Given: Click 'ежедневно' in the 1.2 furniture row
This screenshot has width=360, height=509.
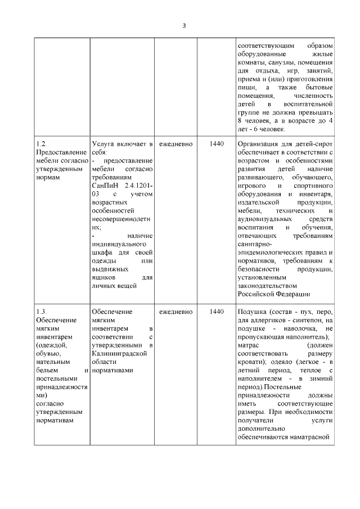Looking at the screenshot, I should click(x=175, y=144).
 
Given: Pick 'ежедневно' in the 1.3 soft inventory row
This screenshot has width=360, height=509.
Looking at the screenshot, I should click(x=175, y=311).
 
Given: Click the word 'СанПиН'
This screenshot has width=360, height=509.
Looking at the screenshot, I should click(x=105, y=185).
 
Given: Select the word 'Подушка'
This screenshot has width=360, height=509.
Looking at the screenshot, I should click(x=251, y=311).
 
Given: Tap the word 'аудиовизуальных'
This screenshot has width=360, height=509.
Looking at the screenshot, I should click(x=264, y=218).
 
